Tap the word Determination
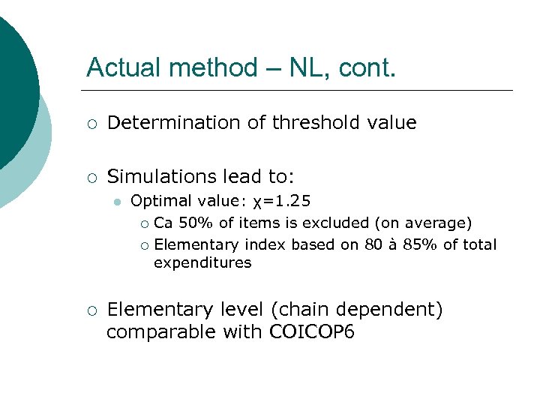pos(178,123)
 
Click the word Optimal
pos(159,202)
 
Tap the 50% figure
pos(193,223)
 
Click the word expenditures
pos(202,263)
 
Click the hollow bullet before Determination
pos(91,124)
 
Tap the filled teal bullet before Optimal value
pos(115,202)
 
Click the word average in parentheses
pos(438,223)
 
